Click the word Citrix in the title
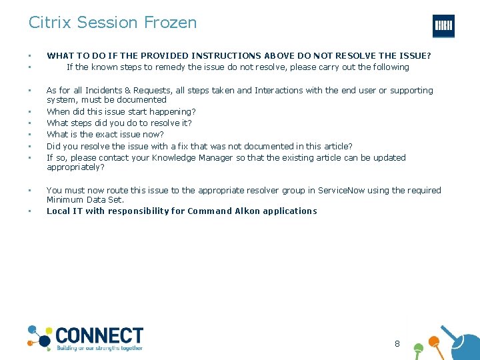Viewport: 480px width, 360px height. pos(50,22)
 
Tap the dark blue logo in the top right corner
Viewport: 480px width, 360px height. pos(443,25)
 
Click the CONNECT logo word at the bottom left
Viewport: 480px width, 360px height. pos(99,335)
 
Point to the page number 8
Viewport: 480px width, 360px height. pos(397,344)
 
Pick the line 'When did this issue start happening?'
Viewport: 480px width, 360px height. pos(121,111)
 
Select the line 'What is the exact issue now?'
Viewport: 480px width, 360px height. pos(105,135)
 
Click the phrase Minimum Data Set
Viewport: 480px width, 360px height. pos(85,199)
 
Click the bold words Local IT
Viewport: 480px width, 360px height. pos(65,211)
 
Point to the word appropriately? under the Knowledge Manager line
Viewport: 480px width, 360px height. pos(75,167)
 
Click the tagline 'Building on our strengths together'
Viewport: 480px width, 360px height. pos(99,348)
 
